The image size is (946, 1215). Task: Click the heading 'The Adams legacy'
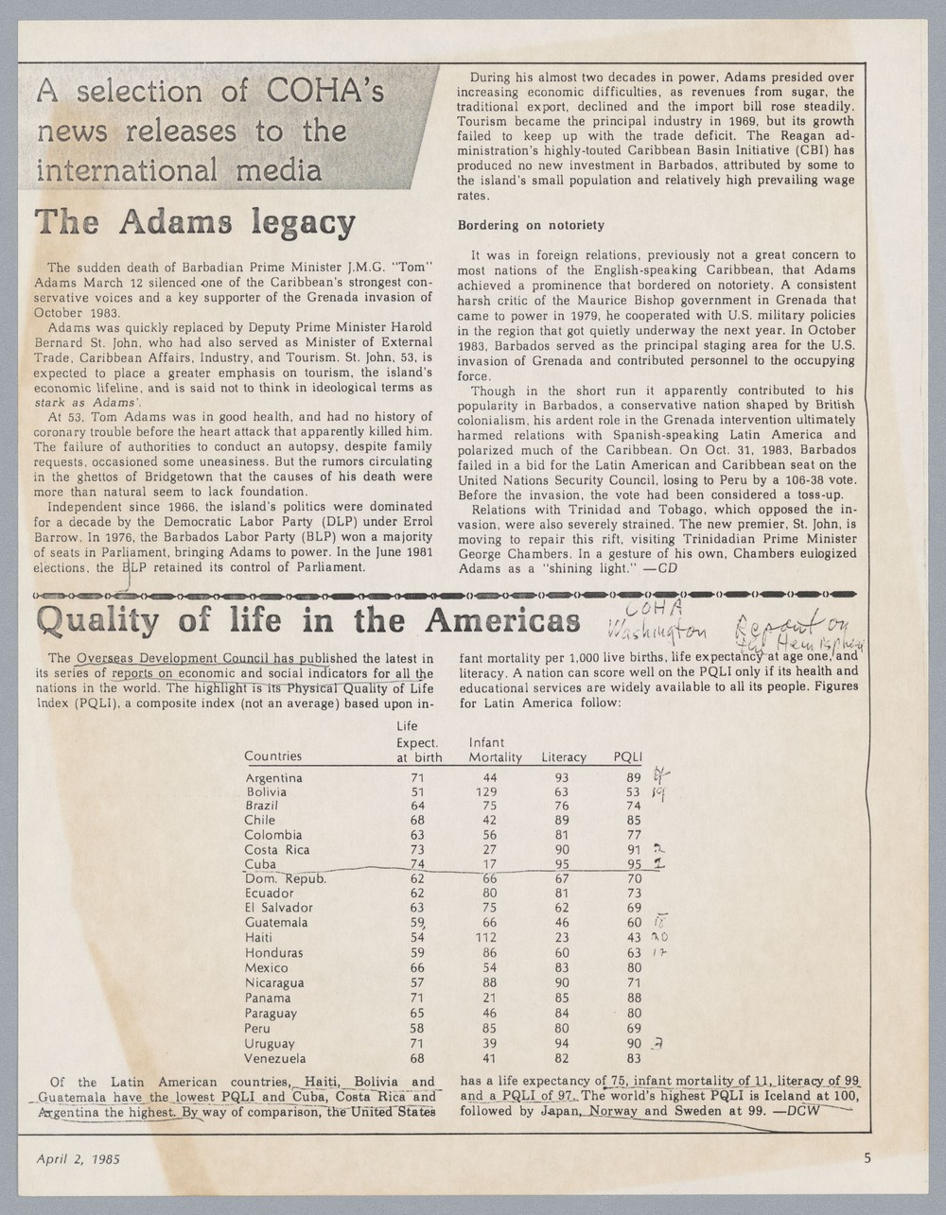(194, 224)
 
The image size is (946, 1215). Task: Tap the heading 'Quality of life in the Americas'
(307, 621)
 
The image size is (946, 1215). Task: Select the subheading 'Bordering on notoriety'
(530, 226)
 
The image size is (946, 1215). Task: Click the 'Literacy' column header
(563, 757)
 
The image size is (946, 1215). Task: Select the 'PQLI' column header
(628, 757)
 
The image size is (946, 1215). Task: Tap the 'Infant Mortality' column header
(495, 750)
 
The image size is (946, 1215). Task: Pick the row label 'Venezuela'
(274, 1059)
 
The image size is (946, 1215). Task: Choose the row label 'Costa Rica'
(276, 849)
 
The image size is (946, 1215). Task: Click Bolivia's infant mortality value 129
(486, 792)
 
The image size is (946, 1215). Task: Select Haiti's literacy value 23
(561, 938)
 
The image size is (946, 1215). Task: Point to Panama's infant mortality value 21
(490, 998)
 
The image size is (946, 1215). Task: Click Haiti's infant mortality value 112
(486, 938)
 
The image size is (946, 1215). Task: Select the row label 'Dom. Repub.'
(285, 878)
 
